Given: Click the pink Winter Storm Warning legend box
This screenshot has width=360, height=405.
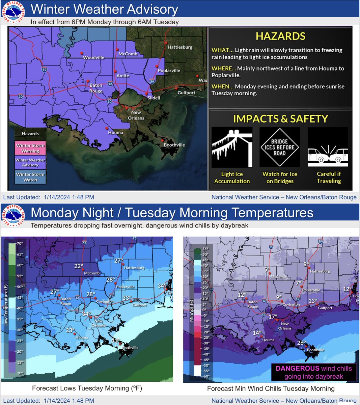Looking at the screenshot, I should (30, 148).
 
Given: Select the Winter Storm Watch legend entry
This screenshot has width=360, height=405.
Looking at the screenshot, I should (30, 177).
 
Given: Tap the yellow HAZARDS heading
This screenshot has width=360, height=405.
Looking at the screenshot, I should (280, 36).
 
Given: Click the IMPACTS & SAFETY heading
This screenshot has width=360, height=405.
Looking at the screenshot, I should (280, 119).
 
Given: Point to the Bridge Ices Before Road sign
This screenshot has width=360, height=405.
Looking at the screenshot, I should (279, 147).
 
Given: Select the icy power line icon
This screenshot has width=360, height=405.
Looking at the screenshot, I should (232, 147).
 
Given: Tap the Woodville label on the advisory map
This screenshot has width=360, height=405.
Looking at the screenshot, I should (93, 58).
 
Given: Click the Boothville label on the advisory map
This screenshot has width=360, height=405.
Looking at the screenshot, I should (174, 145).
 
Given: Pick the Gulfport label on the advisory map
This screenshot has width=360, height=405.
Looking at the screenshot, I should (186, 92).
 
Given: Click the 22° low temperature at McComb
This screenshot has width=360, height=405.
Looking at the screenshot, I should (79, 266).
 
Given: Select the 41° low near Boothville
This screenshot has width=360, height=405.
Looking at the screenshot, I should (116, 341).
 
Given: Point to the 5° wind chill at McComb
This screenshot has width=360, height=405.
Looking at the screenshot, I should (267, 270).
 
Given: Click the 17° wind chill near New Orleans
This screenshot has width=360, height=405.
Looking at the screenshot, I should (273, 317).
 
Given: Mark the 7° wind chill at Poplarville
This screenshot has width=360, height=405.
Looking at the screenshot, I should (298, 283).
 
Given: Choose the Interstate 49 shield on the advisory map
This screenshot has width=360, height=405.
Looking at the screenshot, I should (45, 70).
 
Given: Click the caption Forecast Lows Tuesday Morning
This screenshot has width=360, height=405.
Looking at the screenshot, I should (87, 388).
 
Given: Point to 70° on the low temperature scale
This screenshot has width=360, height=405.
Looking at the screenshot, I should (20, 243).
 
